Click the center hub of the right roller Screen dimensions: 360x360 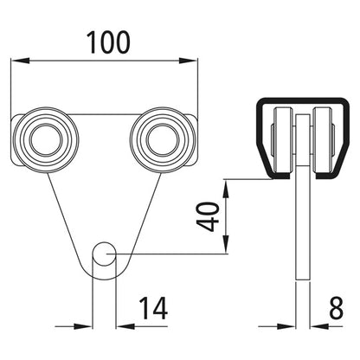point(160,137)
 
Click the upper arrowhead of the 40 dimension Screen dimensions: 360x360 point(226,185)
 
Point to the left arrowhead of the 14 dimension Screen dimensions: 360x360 point(86,327)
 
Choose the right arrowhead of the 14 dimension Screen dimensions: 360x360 point(124,327)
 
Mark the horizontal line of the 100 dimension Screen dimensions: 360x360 point(104,61)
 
